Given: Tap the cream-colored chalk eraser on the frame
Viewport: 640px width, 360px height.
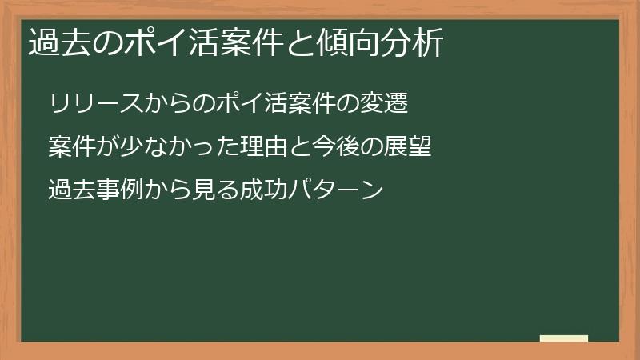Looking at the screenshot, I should point(563,338).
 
